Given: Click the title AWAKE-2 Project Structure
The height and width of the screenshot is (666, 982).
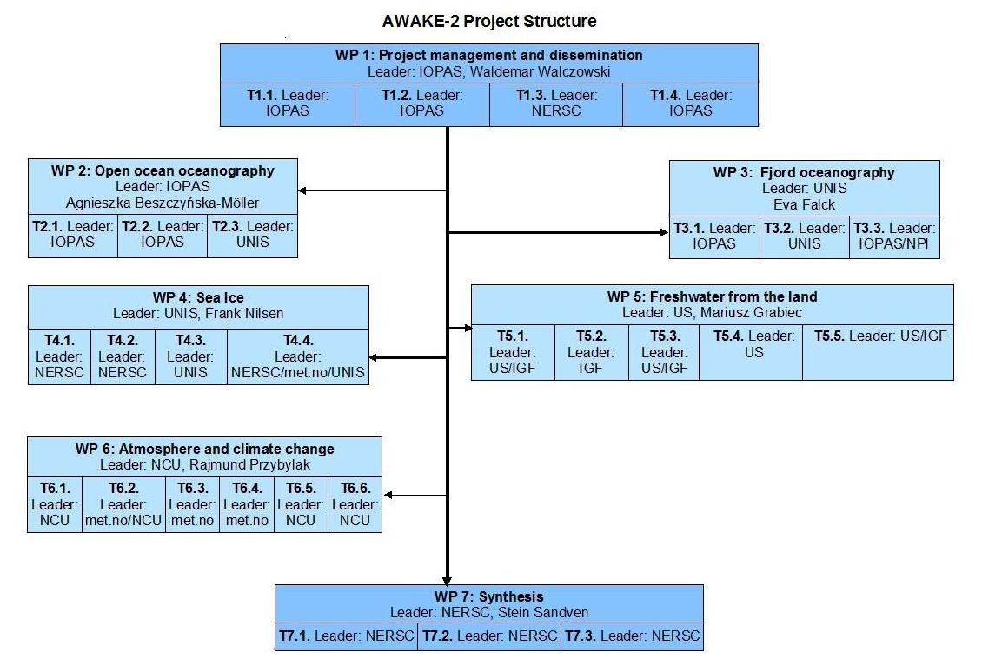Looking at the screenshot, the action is point(489,22).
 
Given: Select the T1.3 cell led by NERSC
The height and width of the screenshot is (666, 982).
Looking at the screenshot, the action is point(556,104).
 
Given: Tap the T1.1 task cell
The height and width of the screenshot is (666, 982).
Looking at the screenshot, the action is point(288,104).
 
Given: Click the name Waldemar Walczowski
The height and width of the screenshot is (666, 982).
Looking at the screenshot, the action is point(540,71).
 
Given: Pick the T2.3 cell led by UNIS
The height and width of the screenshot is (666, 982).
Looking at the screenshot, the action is point(252,236).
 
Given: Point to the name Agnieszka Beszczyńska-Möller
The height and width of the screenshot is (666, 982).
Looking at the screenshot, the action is point(163,203).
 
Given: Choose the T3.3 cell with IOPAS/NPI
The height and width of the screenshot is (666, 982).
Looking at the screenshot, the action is point(894,236).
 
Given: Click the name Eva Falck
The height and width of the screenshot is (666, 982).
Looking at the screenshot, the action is point(804,204).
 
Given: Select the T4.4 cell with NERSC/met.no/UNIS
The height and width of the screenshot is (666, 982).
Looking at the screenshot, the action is point(298,356).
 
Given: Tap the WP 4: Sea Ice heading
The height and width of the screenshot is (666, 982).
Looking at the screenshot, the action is point(198,297).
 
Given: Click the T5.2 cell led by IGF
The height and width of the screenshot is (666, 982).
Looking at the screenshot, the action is point(591,352).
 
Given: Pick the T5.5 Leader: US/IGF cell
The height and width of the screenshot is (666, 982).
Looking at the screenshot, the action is point(878,352).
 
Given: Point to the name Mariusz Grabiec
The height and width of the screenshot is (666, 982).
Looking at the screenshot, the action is point(751,313).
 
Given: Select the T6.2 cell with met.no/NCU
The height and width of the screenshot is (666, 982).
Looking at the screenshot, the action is point(123,504).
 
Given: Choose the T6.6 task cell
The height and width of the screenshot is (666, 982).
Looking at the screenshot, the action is point(355,504).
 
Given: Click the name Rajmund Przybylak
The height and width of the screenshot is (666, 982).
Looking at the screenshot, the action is point(250,465).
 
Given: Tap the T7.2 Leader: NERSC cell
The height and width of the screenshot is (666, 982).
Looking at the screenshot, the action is point(490,636).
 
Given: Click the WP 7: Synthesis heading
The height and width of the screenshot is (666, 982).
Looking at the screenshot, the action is point(489,596).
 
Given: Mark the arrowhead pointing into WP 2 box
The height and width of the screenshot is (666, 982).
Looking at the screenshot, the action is point(302,190).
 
